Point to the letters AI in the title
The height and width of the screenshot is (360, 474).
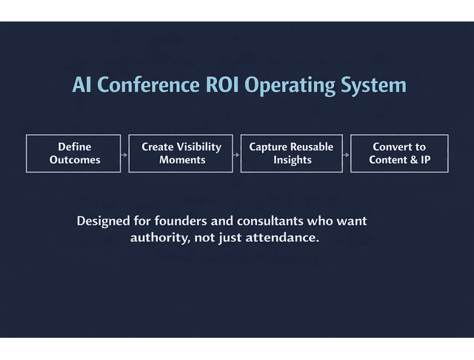coord(81,84)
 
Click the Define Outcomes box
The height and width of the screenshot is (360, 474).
coord(73,153)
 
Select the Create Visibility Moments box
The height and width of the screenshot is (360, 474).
coord(181,153)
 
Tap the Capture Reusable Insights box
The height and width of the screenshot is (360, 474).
coord(291,153)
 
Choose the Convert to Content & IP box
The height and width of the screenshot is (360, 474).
coord(399,153)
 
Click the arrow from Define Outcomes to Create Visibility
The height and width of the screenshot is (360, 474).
coord(124,154)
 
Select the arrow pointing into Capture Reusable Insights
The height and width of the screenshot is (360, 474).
coord(236,154)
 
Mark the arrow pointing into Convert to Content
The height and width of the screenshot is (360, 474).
coord(346,154)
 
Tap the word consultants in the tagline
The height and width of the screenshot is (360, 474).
coord(266,221)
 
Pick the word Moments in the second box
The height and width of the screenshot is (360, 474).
coord(181,160)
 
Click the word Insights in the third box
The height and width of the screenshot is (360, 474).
coord(292,160)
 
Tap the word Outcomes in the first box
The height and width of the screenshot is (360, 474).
coord(74,160)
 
